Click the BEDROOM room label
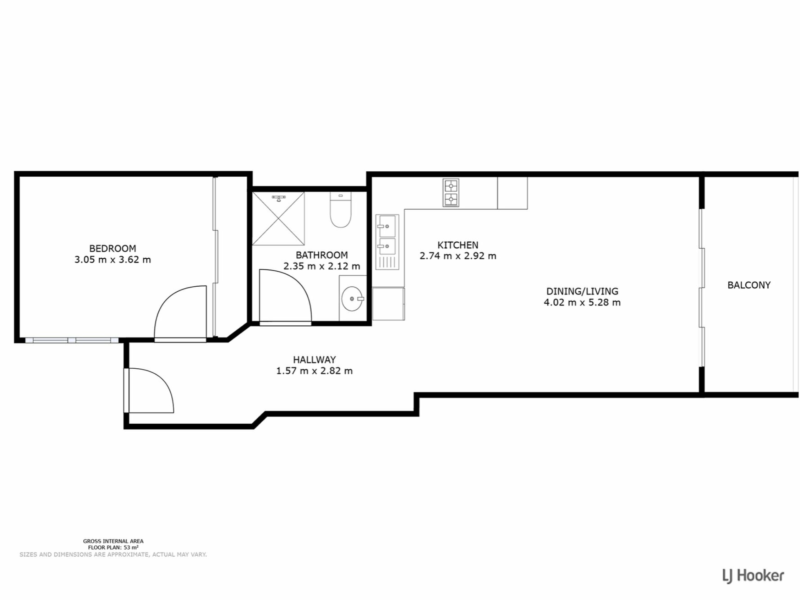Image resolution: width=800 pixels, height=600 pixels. point(112,248)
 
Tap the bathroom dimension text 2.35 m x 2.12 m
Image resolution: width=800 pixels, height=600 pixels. point(322,266)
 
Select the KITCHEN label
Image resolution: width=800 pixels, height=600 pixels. point(457,245)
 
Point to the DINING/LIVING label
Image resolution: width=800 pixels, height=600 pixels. point(582,291)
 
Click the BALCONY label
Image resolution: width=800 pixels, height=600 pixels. point(749,285)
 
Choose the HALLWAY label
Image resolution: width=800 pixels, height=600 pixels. point(314,360)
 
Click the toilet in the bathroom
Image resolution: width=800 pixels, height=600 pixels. point(341,210)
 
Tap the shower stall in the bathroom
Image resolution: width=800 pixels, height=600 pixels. point(278,218)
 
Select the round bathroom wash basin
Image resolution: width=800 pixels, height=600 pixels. point(352,298)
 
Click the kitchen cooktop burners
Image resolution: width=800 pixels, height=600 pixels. point(451,192)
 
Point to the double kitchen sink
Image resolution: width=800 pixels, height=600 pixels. point(387,241)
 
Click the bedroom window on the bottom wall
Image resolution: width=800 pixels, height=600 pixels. point(72,340)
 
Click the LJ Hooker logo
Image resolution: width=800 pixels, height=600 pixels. point(753,576)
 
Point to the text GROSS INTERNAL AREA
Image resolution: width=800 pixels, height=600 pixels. point(113,541)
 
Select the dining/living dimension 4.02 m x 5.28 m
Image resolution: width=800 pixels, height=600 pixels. point(582,302)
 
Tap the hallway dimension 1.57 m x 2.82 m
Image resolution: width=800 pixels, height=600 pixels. point(314,371)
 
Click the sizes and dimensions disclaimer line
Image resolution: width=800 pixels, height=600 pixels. point(113,555)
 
